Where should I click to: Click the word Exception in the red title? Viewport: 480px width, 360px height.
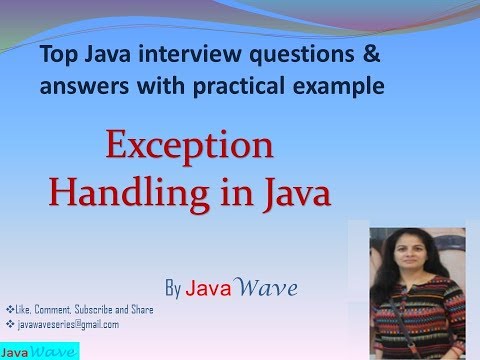click(x=189, y=146)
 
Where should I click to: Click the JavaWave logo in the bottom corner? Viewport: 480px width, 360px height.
click(x=39, y=352)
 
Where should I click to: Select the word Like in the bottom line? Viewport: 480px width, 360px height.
click(x=22, y=311)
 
